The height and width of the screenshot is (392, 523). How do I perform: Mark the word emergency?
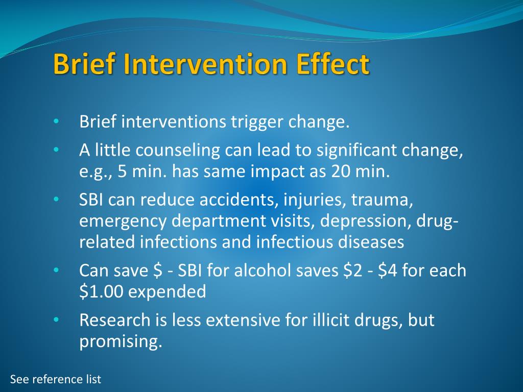[x=123, y=222]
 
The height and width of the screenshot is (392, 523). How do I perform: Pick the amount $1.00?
[x=101, y=291]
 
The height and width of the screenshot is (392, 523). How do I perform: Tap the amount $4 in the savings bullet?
[x=388, y=271]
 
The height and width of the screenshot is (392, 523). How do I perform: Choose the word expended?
[x=167, y=291]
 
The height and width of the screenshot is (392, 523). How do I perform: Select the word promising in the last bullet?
[x=121, y=341]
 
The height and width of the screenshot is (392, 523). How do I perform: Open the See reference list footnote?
[x=56, y=379]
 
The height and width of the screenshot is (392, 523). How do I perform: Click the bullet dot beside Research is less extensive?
[x=57, y=320]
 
